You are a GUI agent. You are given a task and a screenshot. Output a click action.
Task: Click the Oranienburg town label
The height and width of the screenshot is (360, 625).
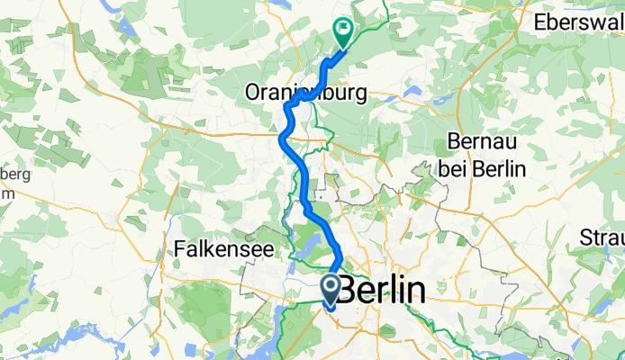[305, 92]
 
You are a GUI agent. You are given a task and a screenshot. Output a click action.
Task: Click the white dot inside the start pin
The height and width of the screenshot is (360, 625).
[331, 287]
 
